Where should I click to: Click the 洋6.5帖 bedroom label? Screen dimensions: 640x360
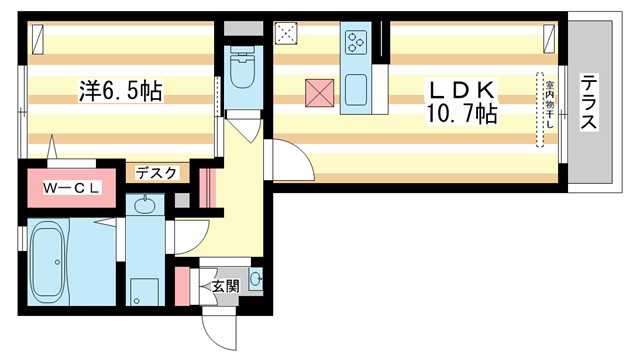pyautogui.click(x=120, y=92)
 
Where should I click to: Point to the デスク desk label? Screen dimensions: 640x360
pyautogui.click(x=156, y=173)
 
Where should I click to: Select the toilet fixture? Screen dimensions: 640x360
pyautogui.click(x=241, y=68)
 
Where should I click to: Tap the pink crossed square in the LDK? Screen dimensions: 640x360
pyautogui.click(x=321, y=92)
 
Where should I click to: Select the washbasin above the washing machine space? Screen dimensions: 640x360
pyautogui.click(x=146, y=207)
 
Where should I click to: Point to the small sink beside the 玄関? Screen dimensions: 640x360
pyautogui.click(x=255, y=280)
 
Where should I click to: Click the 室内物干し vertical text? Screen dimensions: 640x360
pyautogui.click(x=549, y=110)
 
